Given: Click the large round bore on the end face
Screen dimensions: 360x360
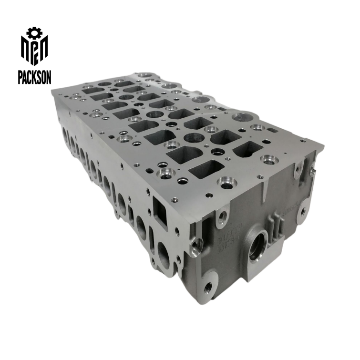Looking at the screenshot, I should point(257,244).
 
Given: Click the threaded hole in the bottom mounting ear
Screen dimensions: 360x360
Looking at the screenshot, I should point(208,287).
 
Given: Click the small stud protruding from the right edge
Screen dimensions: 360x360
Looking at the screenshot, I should point(313,171).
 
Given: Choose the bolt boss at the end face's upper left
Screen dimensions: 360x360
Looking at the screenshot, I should point(222,217).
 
